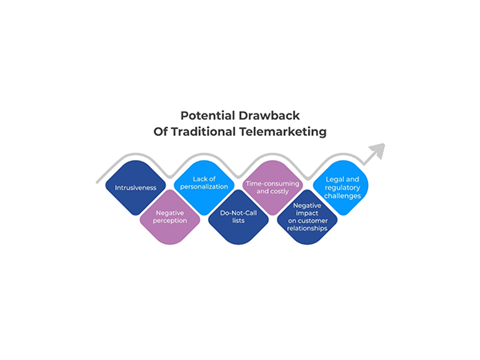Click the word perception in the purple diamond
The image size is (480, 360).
(x=169, y=219)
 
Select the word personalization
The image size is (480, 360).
(x=204, y=187)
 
